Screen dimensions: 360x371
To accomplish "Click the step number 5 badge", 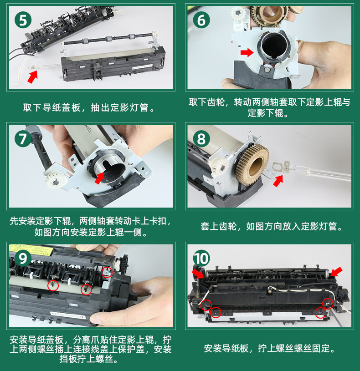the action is (23, 20).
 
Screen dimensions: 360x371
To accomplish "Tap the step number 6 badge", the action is (201, 20).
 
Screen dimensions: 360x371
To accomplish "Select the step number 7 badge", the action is (23, 139).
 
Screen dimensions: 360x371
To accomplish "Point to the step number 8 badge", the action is (201, 139).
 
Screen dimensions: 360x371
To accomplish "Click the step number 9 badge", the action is (23, 259).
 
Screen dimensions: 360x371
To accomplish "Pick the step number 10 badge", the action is (201, 259).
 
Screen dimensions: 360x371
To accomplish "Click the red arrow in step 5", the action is (32, 76).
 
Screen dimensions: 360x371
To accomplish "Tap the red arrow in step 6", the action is (247, 52).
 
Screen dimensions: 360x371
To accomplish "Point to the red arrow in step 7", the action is (100, 178).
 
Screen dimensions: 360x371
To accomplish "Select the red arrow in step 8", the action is (278, 181).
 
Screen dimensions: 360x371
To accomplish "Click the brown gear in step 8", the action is (252, 165).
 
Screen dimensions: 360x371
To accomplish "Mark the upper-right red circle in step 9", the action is (107, 272).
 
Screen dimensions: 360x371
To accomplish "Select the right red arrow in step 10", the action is (336, 272).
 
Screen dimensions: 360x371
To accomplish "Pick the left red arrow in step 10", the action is (198, 274).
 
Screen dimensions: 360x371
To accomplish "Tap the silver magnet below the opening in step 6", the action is (267, 70).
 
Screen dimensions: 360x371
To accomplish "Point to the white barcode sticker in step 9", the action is (68, 315).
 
